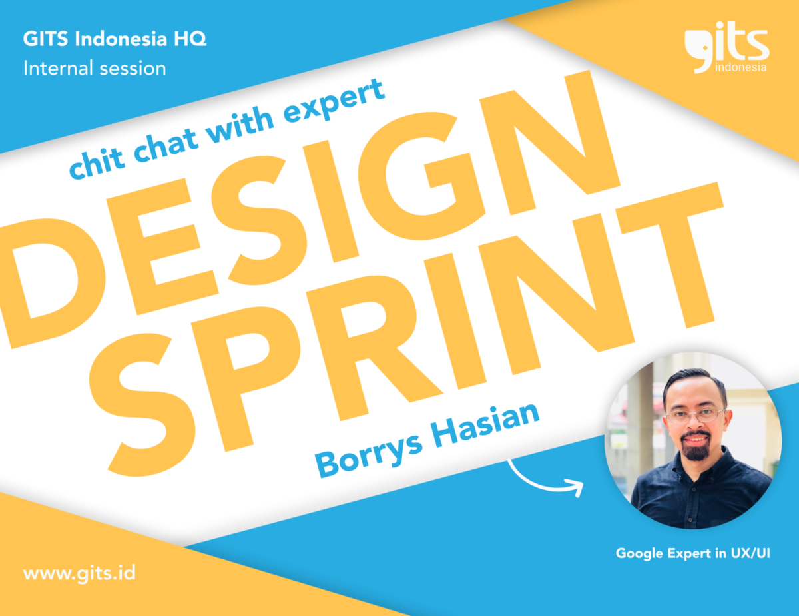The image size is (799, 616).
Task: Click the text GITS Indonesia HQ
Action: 115,39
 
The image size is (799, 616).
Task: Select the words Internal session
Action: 95,69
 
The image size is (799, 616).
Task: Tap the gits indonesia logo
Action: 726,47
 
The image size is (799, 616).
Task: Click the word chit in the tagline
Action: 97,163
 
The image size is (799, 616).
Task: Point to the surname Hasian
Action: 485,424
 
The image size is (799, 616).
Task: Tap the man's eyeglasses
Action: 696,416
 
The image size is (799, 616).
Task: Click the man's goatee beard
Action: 696,447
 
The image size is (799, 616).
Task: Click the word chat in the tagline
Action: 166,145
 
